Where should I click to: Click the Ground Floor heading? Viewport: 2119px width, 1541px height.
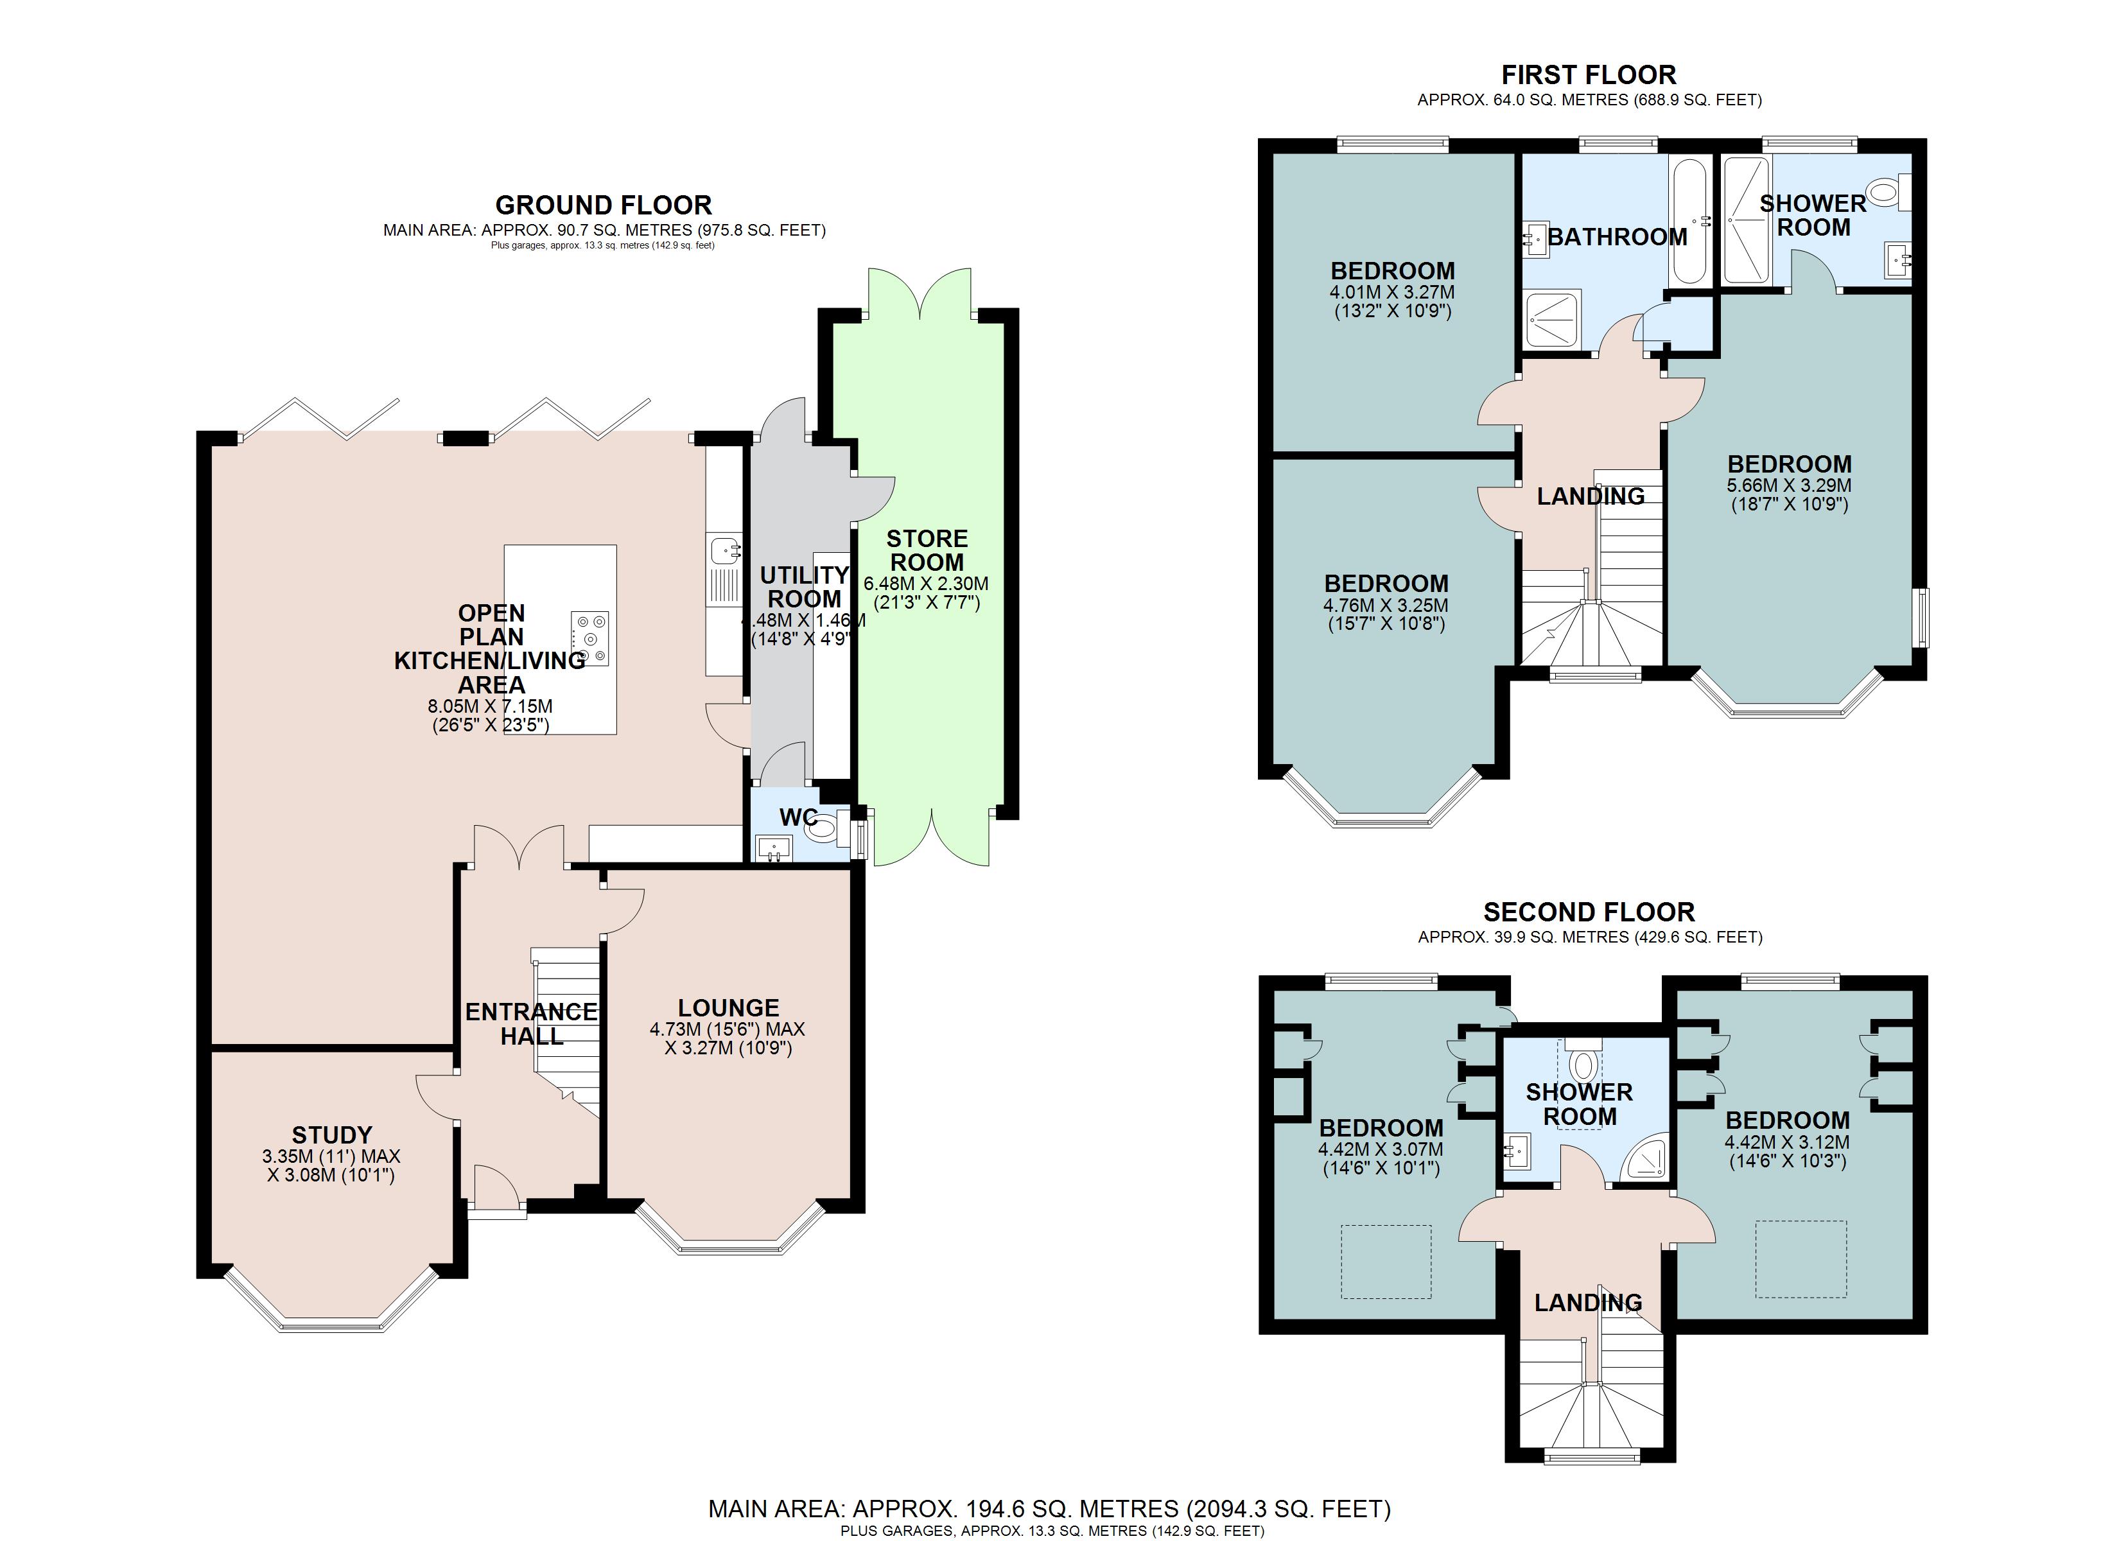click(604, 205)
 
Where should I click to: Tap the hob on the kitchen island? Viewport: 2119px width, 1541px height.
click(589, 640)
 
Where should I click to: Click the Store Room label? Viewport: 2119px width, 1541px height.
click(927, 550)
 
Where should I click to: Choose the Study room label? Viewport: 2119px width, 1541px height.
click(332, 1135)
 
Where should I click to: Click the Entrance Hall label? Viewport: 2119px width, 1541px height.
click(530, 1023)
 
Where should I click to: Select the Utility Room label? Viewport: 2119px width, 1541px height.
click(805, 587)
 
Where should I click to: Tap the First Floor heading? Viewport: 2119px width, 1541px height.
click(1589, 74)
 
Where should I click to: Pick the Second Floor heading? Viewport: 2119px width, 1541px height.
click(1589, 912)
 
